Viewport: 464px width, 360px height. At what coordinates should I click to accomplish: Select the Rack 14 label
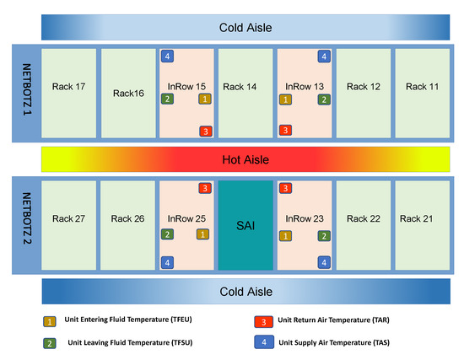tap(245, 86)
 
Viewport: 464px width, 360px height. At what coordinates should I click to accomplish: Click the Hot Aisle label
tap(245, 158)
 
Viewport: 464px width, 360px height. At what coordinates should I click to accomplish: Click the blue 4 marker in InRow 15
tap(168, 56)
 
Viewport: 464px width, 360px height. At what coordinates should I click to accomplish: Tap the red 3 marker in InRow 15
tap(205, 130)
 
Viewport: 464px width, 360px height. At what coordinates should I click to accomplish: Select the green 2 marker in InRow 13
tap(324, 99)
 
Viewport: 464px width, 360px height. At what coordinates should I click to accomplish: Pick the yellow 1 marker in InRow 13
tap(286, 99)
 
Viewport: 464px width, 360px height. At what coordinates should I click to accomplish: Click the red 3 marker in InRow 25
tap(205, 187)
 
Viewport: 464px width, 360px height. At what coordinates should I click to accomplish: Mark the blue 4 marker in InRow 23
tap(324, 262)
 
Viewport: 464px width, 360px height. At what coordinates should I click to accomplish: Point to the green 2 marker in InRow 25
tap(168, 234)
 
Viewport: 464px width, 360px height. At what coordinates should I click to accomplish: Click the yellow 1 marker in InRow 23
tap(286, 236)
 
